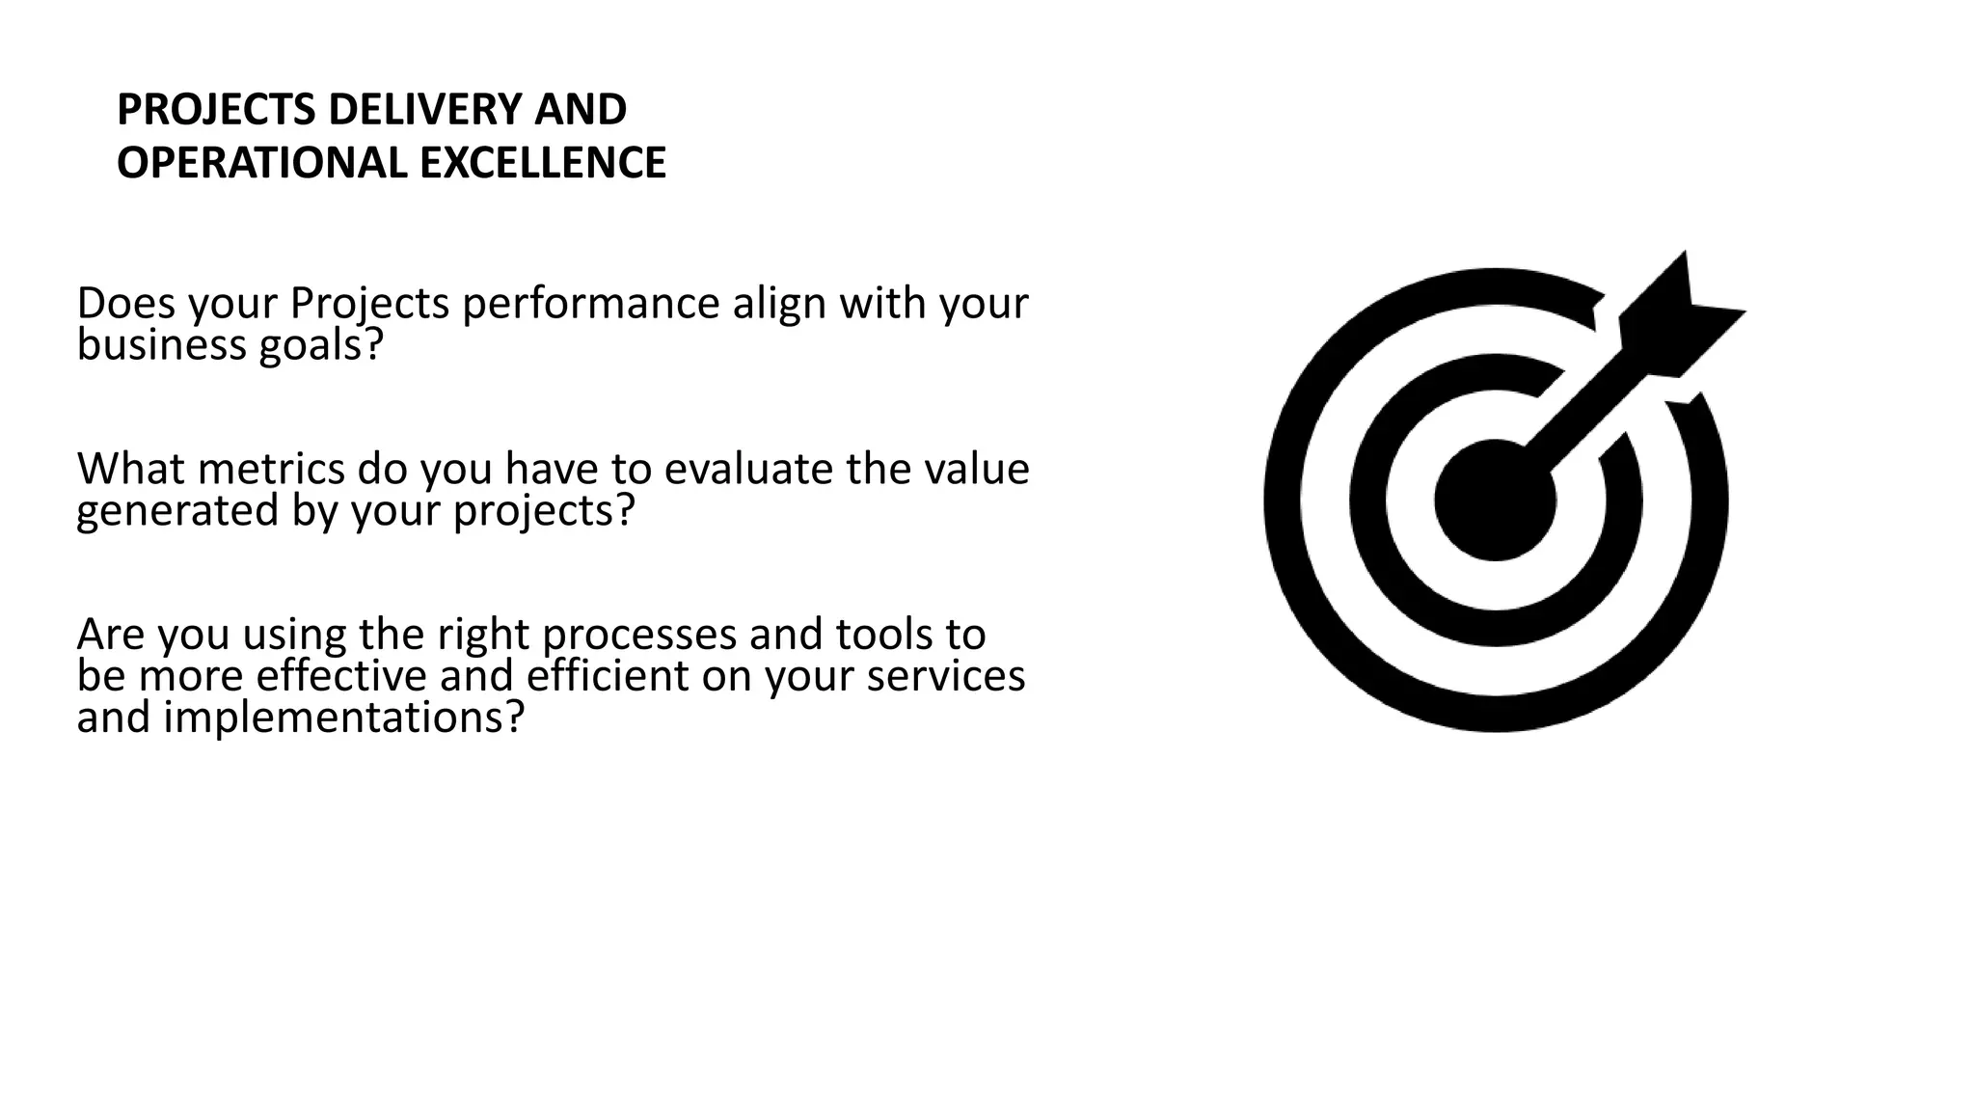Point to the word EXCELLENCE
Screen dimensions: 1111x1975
[x=543, y=162]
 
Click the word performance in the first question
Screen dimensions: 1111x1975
[x=591, y=305]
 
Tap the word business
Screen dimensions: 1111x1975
[x=162, y=344]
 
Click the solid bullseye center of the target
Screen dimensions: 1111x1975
[x=1495, y=500]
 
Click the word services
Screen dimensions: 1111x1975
[x=946, y=675]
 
